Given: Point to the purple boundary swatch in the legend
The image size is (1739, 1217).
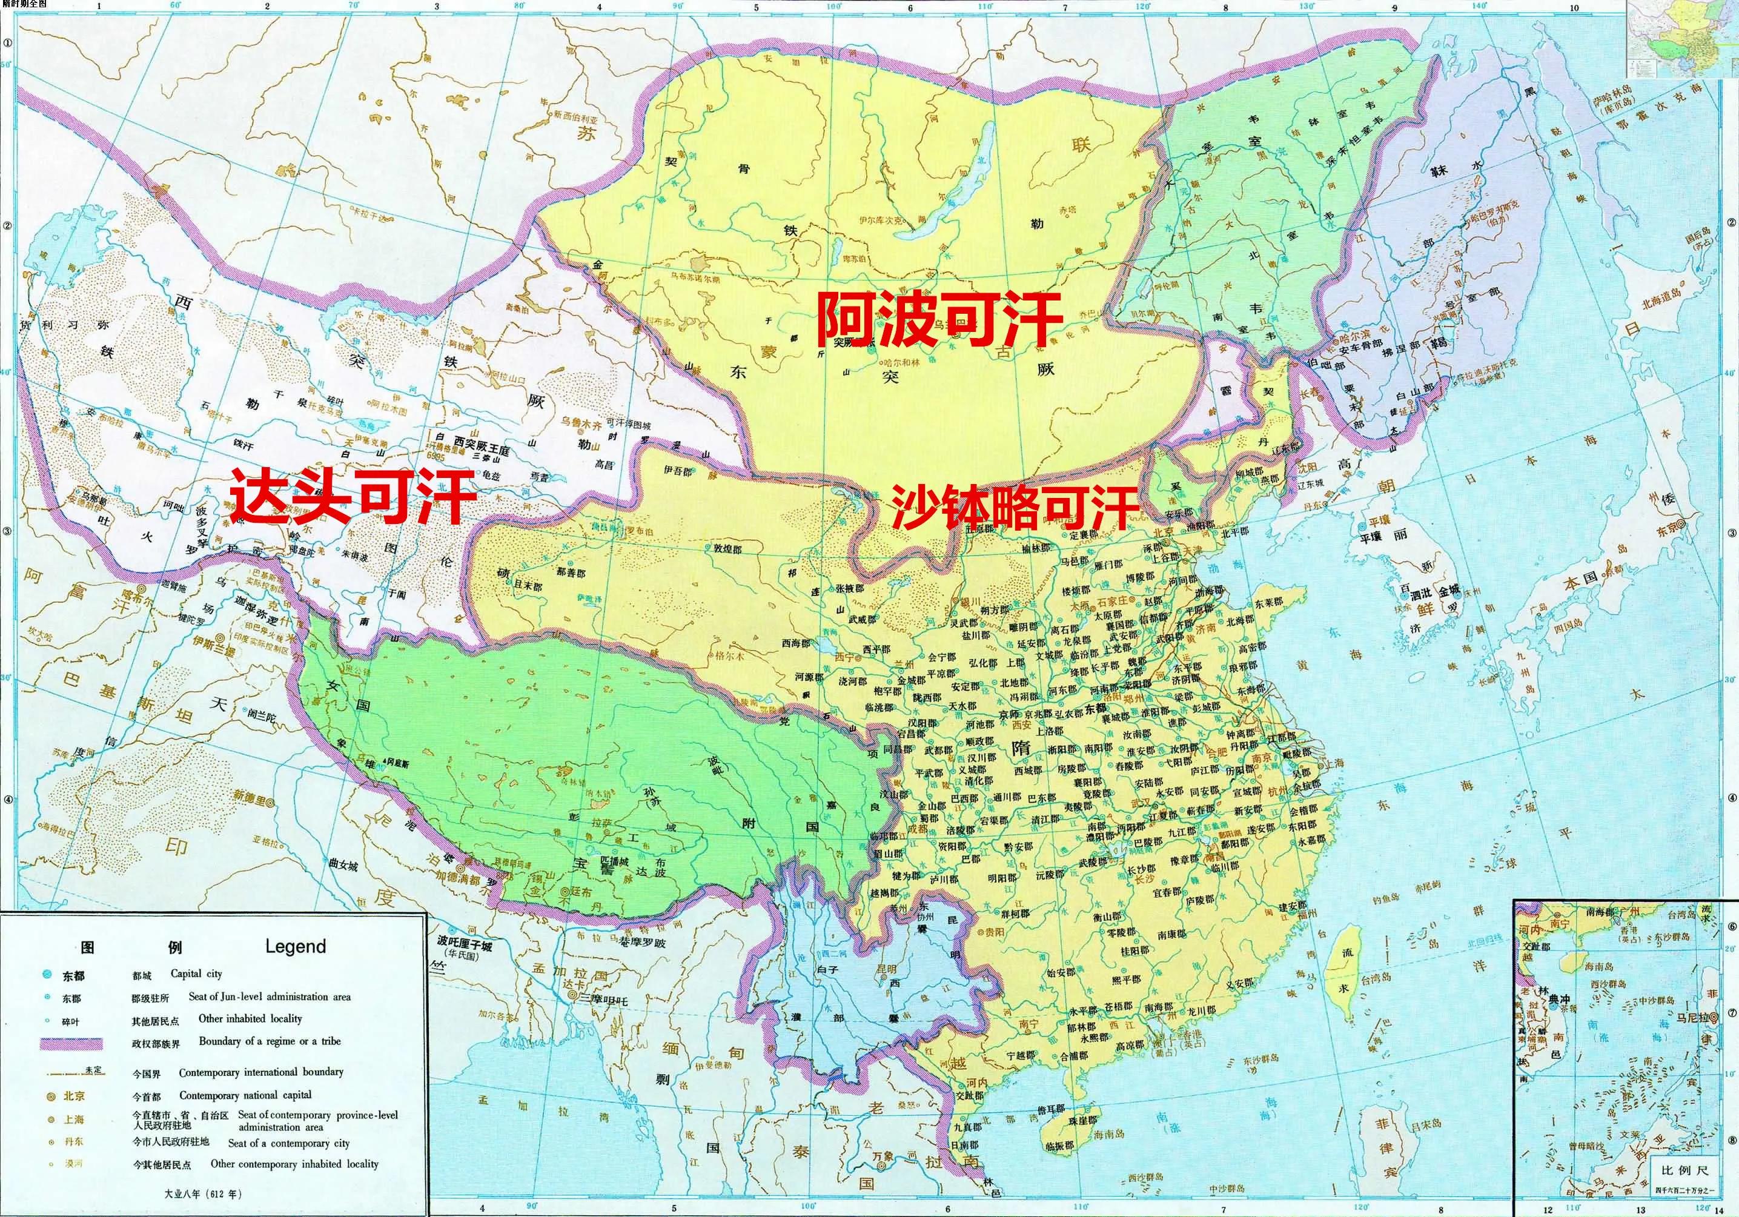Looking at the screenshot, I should [x=70, y=1043].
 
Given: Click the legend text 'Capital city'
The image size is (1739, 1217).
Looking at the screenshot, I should [x=196, y=974].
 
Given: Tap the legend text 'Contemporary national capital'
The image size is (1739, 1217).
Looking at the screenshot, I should [x=245, y=1095].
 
